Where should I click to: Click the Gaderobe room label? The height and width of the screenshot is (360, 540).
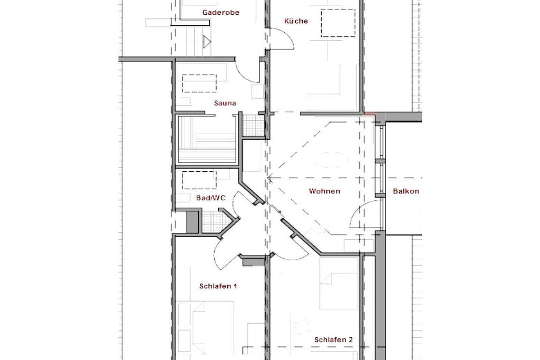pos(221,13)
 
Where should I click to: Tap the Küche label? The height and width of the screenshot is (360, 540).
pos(296,21)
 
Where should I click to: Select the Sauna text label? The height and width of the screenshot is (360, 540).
pos(225,103)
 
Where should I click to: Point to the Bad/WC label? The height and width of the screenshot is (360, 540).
pos(211,198)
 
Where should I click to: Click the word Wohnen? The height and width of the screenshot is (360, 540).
pos(324,191)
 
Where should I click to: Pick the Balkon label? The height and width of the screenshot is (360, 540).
pos(406,191)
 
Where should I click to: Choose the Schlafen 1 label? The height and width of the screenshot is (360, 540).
pos(218,286)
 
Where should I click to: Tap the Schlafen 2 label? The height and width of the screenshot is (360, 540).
pos(333,339)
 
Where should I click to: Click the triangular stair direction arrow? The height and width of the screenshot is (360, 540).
pos(207,42)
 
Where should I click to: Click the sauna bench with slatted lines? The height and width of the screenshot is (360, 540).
pos(207,139)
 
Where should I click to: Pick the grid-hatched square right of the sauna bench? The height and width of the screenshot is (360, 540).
pos(253,125)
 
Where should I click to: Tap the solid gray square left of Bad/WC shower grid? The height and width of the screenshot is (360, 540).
pos(193,222)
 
